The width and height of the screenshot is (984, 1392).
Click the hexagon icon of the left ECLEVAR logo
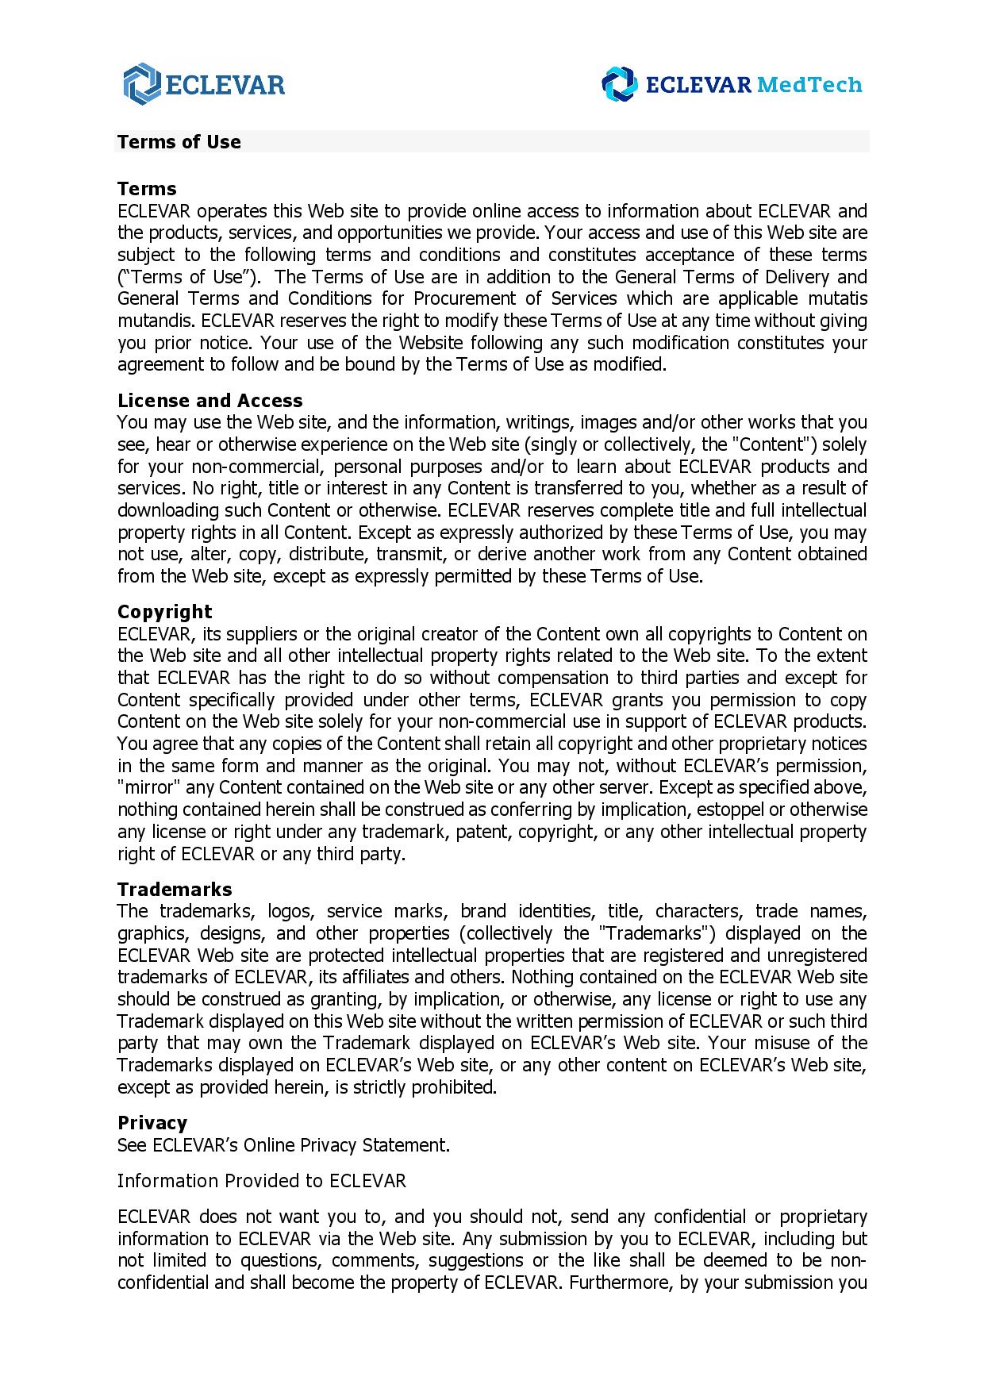(142, 84)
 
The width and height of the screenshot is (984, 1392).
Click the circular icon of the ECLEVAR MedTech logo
(619, 84)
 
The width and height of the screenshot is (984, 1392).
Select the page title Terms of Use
(179, 142)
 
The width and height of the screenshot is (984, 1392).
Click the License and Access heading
(210, 401)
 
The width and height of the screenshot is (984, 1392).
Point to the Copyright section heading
(165, 612)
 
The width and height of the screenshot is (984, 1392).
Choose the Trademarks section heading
(175, 890)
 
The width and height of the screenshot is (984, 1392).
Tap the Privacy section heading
(152, 1123)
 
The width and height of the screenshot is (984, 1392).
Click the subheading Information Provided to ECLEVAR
(262, 1181)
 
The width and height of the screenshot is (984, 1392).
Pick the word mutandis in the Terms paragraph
(156, 321)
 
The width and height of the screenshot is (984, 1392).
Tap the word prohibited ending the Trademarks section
(453, 1087)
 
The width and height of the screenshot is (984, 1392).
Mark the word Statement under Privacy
(406, 1145)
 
